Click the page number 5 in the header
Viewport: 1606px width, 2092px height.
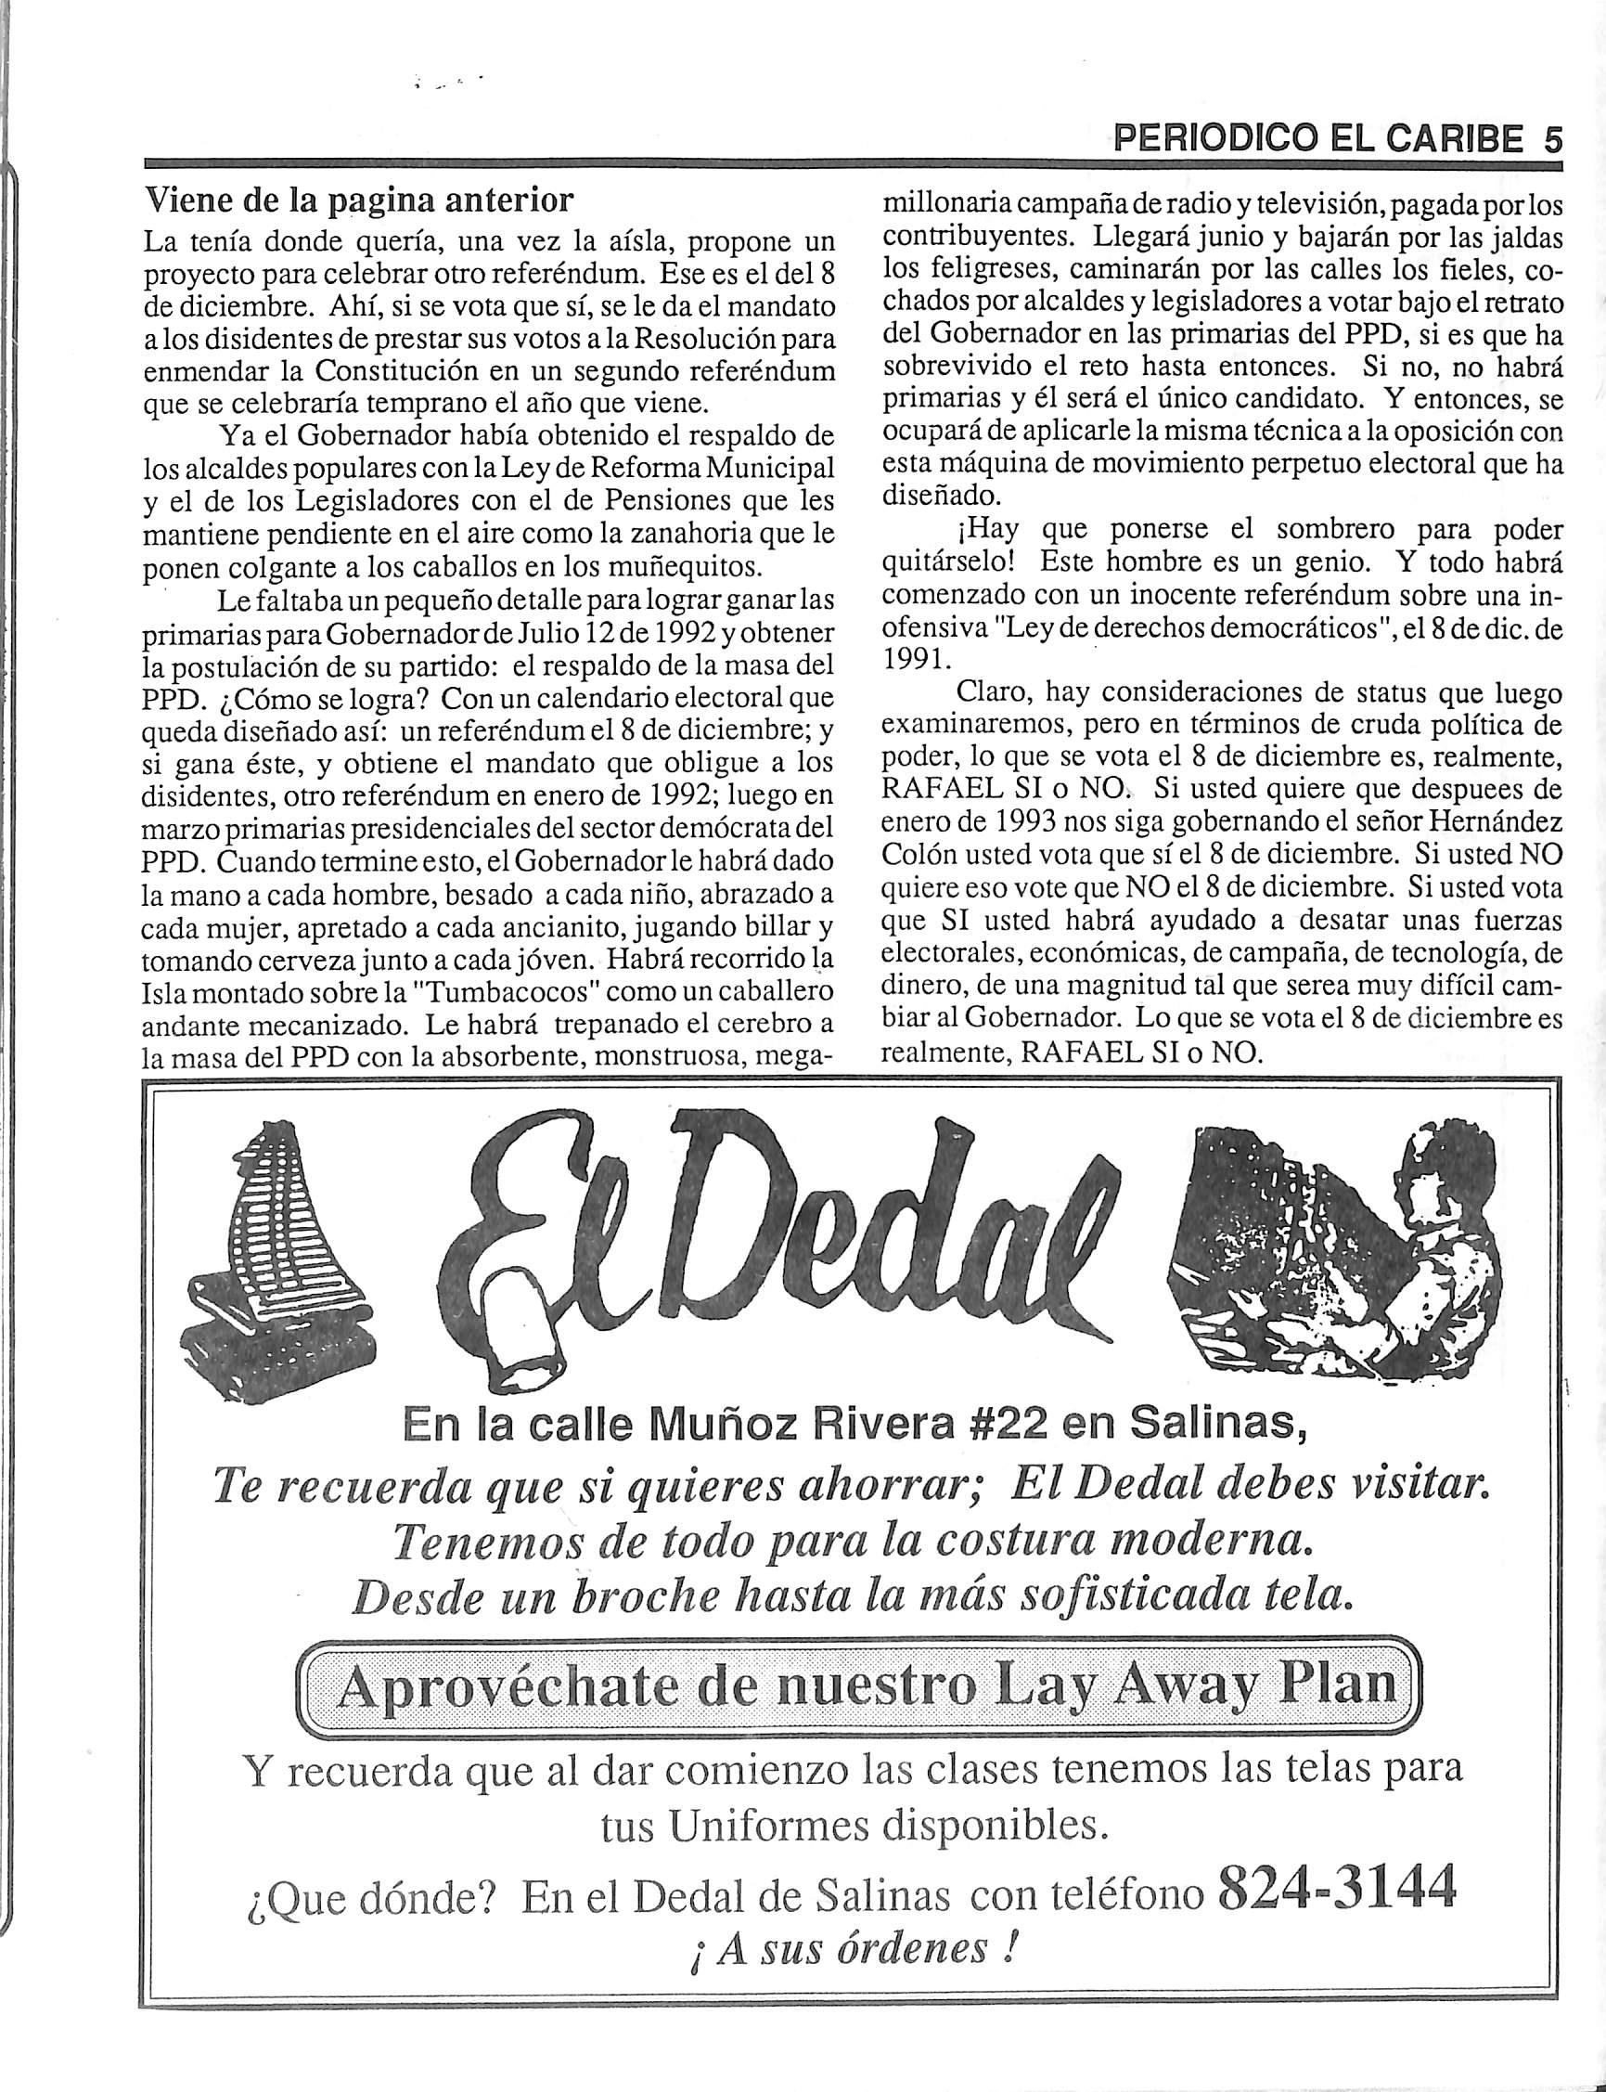point(1549,140)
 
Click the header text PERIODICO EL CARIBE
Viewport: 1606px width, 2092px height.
point(1319,141)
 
